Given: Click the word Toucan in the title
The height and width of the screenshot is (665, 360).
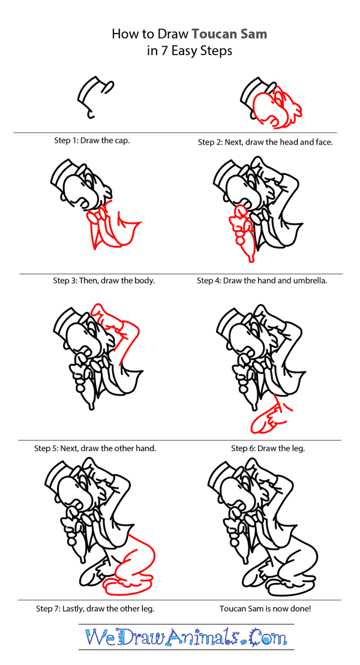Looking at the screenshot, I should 215,34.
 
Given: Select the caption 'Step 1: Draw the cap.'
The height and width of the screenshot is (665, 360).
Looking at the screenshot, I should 92,141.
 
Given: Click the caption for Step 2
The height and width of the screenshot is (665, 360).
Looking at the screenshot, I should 265,142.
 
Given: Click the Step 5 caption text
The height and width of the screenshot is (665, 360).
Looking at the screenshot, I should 95,448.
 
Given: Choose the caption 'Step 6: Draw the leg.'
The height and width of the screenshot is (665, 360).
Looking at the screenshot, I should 268,448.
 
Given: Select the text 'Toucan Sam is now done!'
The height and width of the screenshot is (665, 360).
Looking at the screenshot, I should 266,609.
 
